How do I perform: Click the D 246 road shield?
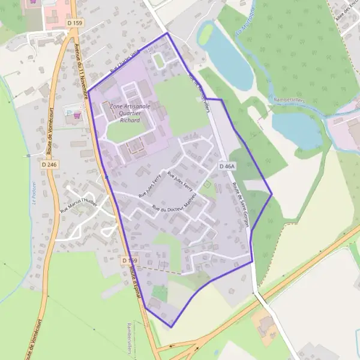(49, 163)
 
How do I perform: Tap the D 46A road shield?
(227, 166)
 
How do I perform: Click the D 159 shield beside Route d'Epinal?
(129, 260)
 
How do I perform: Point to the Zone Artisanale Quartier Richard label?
(130, 112)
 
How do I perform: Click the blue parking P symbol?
(68, 112)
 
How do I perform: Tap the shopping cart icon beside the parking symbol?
(76, 116)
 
